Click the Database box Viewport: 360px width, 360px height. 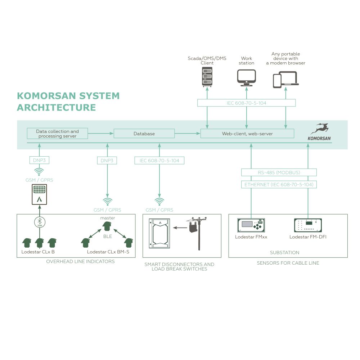pos(144,134)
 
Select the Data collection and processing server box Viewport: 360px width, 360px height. pos(57,134)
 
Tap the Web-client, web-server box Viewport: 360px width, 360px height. pos(247,134)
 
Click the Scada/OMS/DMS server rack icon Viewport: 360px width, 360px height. pos(207,77)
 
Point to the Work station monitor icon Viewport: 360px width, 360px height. pos(246,78)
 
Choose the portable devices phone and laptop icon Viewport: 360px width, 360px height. pos(285,80)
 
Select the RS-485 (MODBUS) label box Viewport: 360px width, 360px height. pos(279,172)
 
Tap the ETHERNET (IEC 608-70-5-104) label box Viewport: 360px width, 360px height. pos(279,185)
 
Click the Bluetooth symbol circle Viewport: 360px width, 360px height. pos(40,222)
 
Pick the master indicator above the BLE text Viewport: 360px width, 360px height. pos(107,226)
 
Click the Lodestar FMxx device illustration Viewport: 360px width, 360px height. pos(251,225)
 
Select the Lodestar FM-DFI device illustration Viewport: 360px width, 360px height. pos(308,225)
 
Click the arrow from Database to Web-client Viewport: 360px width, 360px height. pos(187,134)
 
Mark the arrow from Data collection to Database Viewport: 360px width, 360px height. pos(101,134)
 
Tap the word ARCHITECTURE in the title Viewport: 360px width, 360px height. pos(57,107)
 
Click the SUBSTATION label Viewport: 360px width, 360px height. pos(285,253)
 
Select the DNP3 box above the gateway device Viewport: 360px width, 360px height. pos(39,160)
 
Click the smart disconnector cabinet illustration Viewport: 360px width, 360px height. pos(159,233)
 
